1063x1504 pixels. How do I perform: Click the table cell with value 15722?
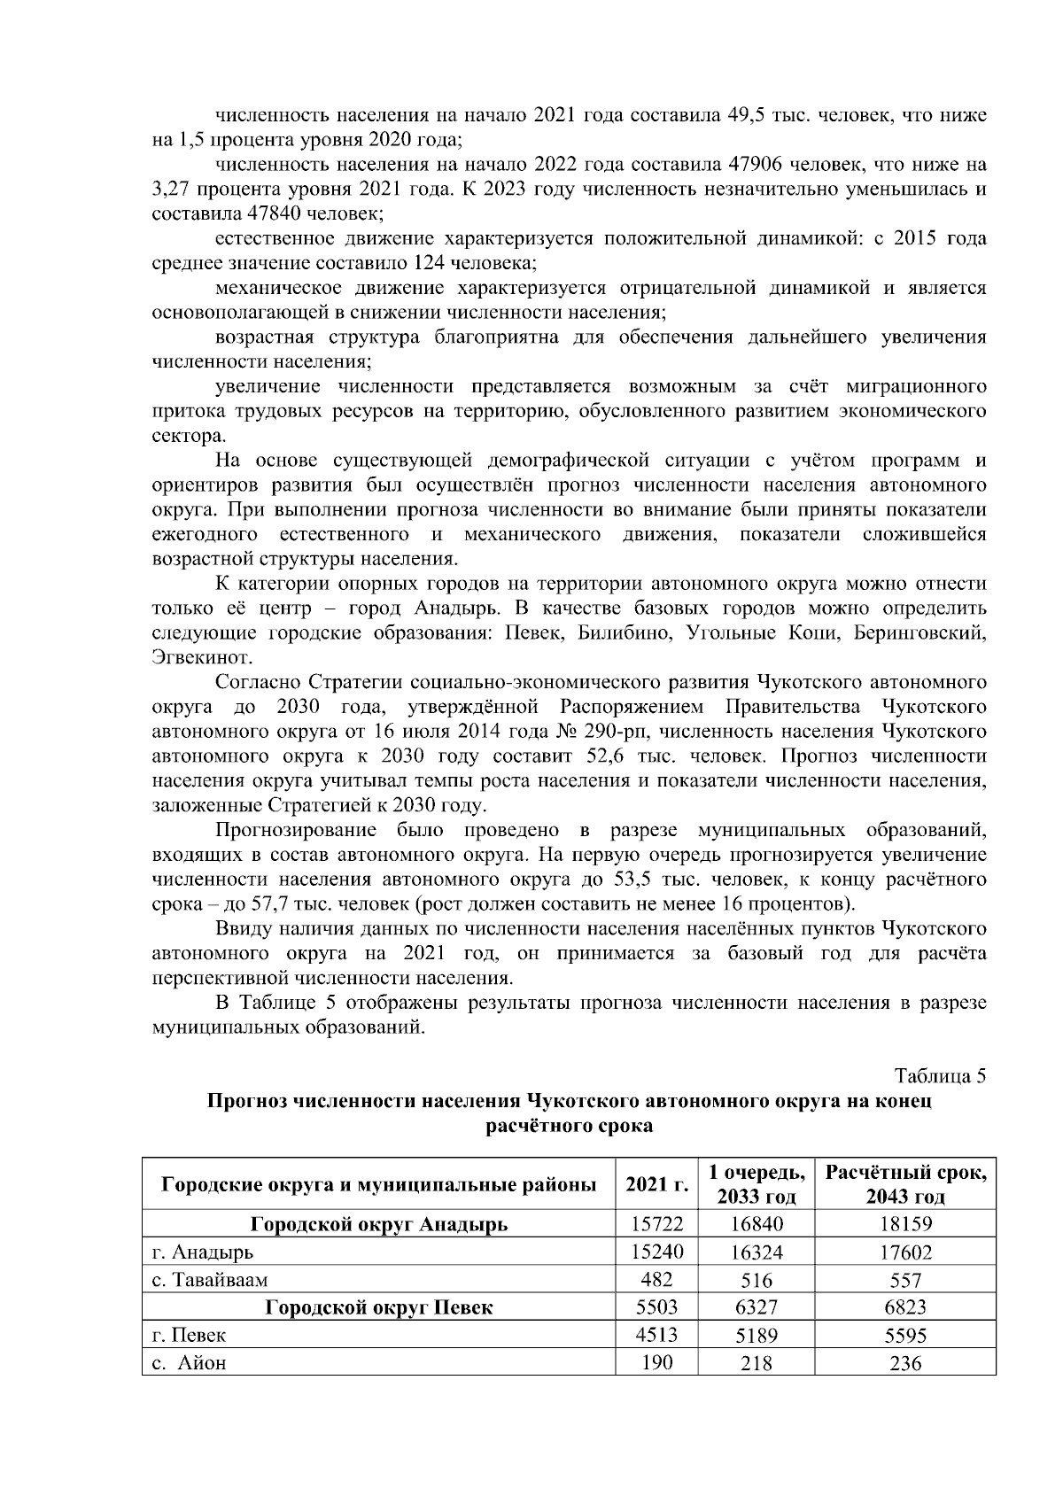(656, 1225)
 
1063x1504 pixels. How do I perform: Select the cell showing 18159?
(904, 1225)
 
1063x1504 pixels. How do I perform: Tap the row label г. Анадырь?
(203, 1252)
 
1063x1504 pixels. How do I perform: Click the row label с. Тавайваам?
(210, 1280)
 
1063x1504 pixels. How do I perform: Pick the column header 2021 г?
(656, 1184)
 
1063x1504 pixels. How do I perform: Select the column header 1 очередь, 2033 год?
(757, 1184)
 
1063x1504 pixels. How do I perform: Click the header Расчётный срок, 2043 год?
(904, 1184)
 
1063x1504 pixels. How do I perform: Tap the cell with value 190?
(656, 1362)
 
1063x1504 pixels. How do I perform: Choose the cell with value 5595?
(904, 1336)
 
